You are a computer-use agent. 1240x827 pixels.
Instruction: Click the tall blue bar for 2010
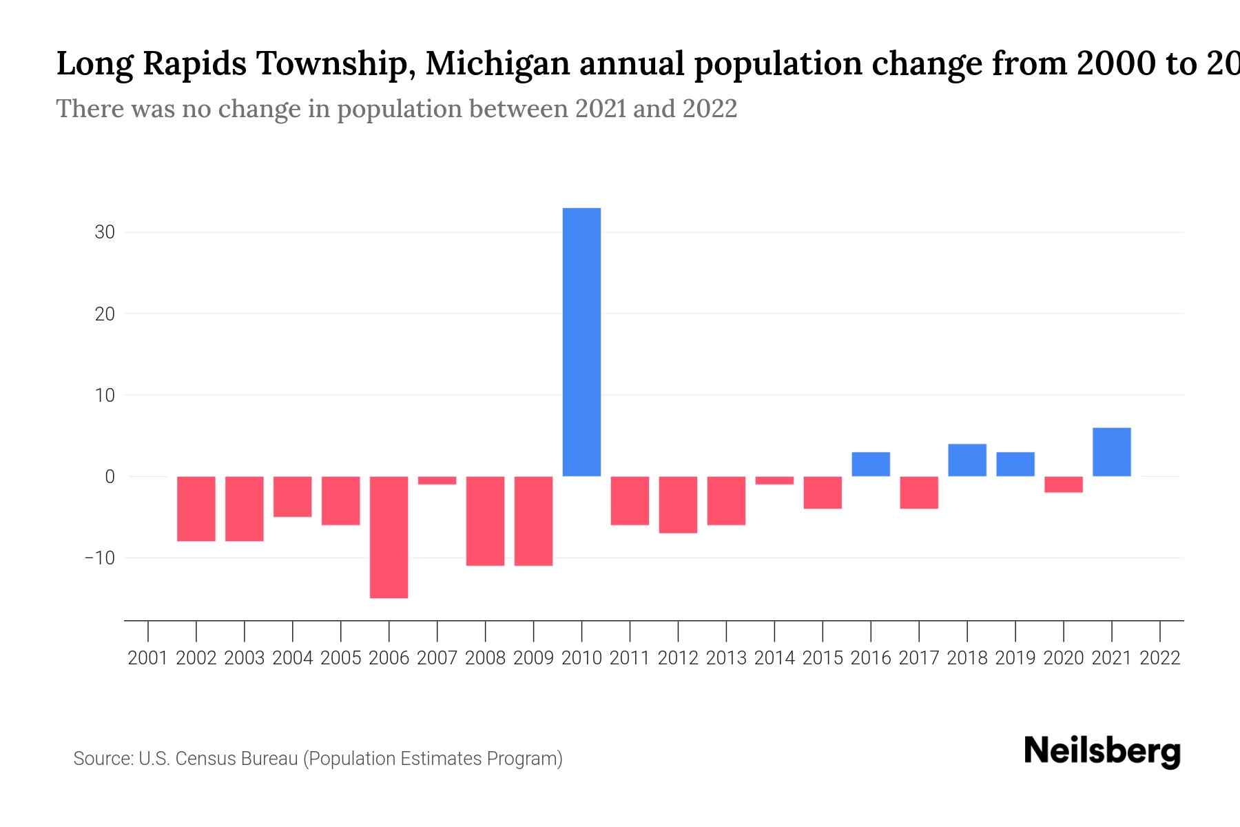[x=581, y=342]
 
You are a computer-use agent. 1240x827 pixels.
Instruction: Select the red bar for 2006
[x=389, y=537]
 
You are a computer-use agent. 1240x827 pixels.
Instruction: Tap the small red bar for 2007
[x=437, y=480]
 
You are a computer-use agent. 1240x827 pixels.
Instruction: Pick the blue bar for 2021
[x=1111, y=452]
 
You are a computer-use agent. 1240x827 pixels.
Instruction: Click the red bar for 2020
[x=1064, y=484]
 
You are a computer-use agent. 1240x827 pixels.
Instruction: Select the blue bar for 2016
[x=871, y=464]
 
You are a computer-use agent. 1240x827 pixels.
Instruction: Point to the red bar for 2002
[x=196, y=509]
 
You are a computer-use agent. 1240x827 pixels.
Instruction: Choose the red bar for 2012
[x=678, y=504]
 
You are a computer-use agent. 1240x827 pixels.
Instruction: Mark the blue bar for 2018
[x=967, y=460]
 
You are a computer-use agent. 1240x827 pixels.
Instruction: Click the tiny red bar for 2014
[x=774, y=480]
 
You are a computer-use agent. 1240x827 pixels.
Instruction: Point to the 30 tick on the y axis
[x=105, y=232]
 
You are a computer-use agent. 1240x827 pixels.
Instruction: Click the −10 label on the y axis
[x=99, y=558]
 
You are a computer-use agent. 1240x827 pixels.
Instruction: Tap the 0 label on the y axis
[x=110, y=476]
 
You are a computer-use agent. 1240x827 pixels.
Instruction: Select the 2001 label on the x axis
[x=148, y=658]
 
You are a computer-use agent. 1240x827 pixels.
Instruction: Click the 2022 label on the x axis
[x=1160, y=658]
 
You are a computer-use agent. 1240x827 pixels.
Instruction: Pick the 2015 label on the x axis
[x=823, y=658]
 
